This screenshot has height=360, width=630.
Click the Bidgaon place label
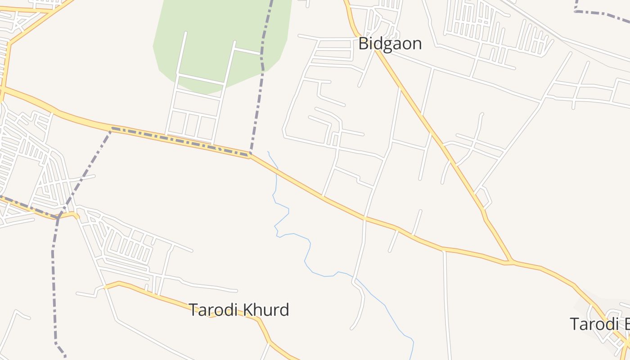390,44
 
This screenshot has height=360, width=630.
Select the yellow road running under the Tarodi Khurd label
180,302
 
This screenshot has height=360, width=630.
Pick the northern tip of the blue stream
268,152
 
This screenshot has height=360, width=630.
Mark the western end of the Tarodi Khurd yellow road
105,286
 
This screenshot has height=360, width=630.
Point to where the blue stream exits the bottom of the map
411,358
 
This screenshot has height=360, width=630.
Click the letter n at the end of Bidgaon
417,45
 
